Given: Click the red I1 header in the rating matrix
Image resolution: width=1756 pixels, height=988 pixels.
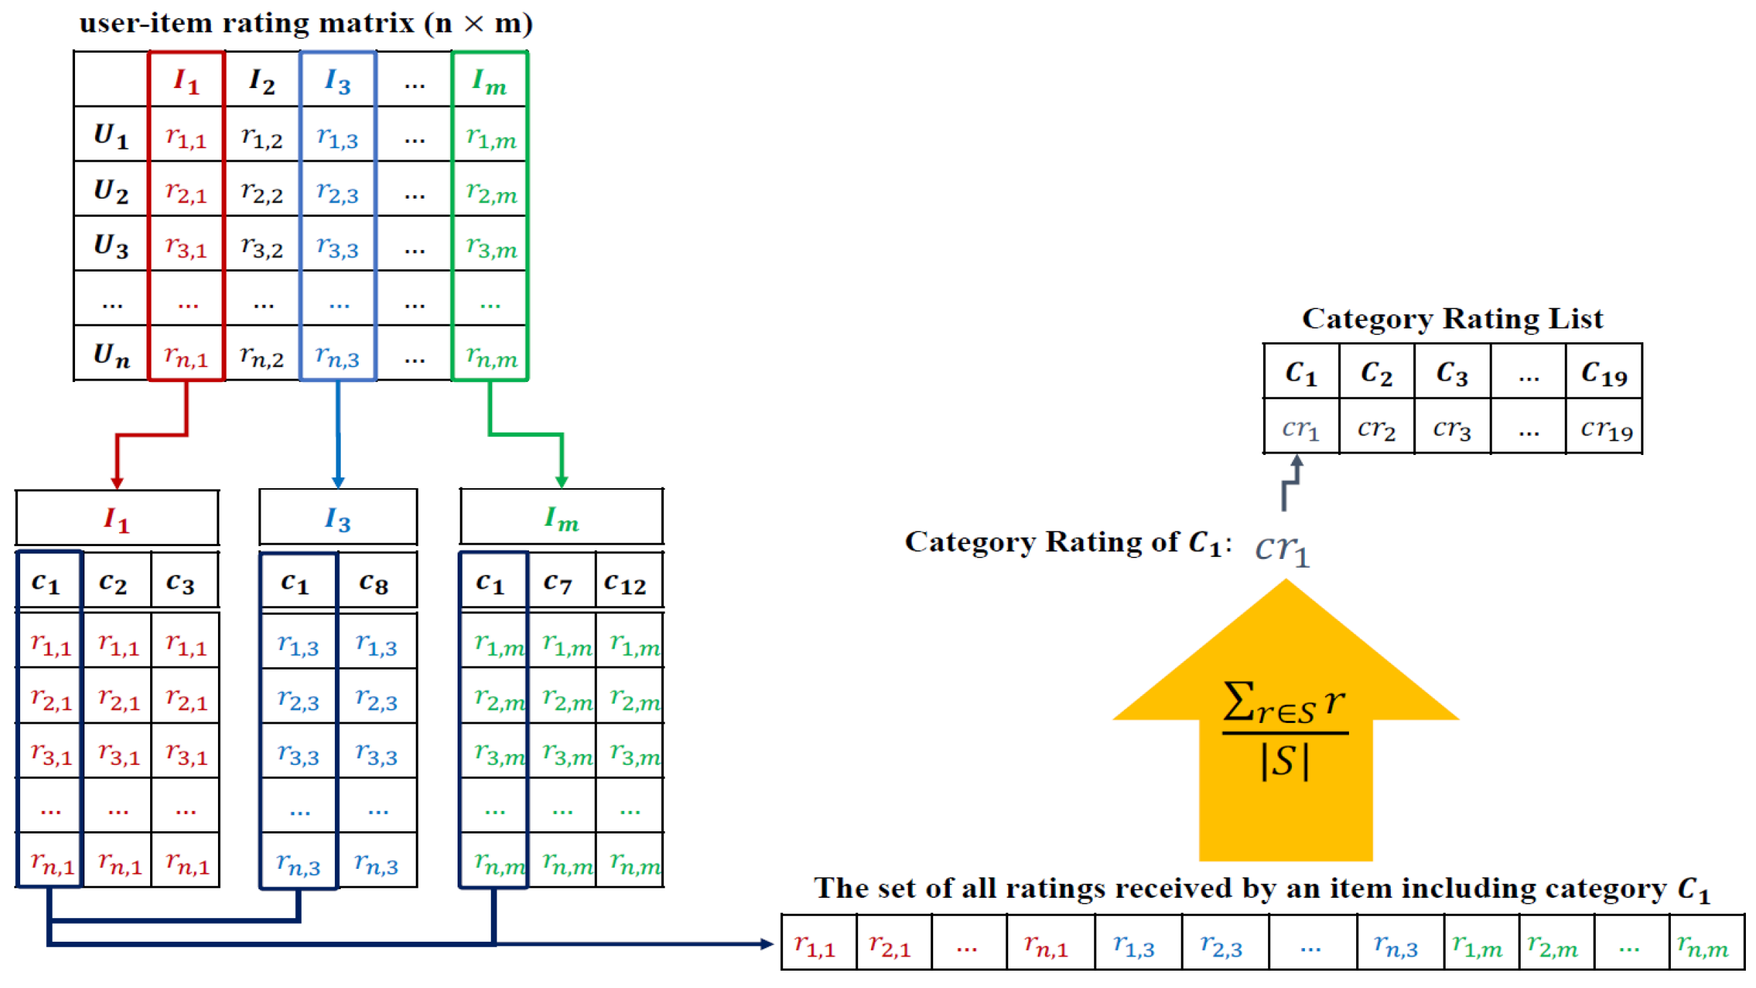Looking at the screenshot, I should (186, 80).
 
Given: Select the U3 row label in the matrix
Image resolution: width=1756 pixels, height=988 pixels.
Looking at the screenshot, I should (111, 245).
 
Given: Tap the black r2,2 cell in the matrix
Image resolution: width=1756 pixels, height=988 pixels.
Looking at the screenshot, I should (262, 191).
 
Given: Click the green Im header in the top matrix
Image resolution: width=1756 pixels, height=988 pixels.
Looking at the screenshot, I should (489, 81).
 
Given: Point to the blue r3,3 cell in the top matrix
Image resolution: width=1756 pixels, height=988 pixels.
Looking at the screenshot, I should (338, 246).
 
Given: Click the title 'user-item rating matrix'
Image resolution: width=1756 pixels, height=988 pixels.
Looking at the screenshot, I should (305, 23).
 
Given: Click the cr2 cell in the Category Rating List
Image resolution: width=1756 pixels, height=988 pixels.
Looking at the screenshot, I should (1376, 428).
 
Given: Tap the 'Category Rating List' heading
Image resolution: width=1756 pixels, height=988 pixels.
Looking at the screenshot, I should (1451, 318).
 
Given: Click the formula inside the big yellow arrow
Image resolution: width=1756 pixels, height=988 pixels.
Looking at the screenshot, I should (1285, 730).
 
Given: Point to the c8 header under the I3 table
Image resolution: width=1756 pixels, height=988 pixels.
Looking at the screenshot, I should (374, 582).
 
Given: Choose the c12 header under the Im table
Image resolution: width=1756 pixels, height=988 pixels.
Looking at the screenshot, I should (626, 582).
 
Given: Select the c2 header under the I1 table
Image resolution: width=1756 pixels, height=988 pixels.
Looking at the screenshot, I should (113, 582).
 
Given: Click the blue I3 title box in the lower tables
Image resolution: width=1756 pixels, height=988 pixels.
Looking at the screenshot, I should (338, 518).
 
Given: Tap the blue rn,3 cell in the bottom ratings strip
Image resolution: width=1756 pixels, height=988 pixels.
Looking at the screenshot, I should (1396, 944).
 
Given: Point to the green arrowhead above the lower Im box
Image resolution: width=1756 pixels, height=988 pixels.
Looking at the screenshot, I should (562, 482).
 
